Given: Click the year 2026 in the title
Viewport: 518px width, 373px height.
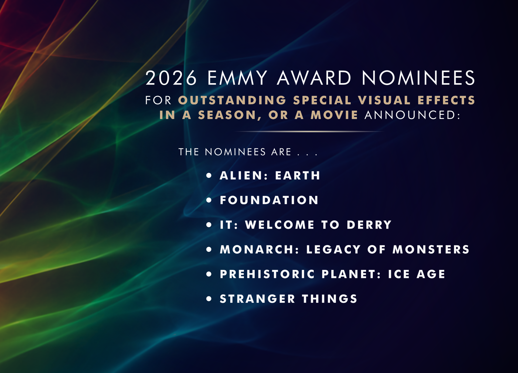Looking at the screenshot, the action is [x=171, y=78].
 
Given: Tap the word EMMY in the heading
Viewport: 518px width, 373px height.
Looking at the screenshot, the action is [x=237, y=78].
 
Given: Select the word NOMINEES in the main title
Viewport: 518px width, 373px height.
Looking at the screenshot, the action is [x=418, y=78].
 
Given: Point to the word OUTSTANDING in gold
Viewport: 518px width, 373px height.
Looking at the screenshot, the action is [x=232, y=100].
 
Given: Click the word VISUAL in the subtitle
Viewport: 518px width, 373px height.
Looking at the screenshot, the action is [x=384, y=100].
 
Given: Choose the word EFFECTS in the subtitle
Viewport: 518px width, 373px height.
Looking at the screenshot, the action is [x=446, y=100].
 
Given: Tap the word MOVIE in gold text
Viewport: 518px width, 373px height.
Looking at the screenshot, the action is [x=334, y=115].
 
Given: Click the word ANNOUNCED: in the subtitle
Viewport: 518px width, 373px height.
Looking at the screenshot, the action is [x=413, y=115].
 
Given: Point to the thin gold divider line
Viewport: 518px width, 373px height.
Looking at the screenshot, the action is [x=309, y=131].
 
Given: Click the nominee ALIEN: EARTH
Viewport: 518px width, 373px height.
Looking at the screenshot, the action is [x=270, y=175].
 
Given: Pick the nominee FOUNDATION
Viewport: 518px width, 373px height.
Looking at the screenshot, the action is [x=269, y=200].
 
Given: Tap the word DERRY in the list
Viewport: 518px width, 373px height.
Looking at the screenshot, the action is [x=369, y=225].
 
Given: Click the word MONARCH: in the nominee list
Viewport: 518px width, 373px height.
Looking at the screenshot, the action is [x=260, y=249].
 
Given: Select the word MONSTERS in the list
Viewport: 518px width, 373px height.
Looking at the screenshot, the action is [x=431, y=249].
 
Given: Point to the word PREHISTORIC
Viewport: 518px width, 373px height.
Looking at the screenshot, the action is [x=267, y=274].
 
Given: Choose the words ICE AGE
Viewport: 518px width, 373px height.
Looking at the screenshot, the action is [x=417, y=274].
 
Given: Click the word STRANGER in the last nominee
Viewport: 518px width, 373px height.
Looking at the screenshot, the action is [x=257, y=299].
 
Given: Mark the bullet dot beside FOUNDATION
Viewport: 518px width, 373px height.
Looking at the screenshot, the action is [x=209, y=200].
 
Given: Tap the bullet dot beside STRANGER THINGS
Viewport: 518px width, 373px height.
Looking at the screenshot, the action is [x=209, y=299].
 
